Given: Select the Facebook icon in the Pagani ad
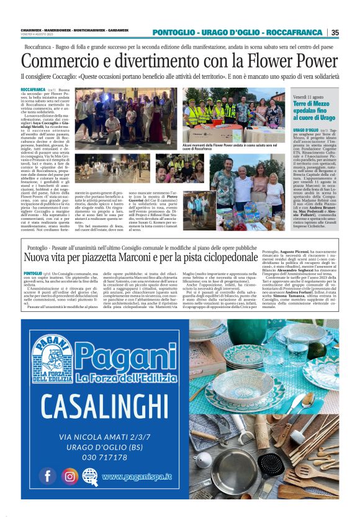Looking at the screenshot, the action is point(47,475).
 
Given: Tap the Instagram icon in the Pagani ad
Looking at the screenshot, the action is point(69,476).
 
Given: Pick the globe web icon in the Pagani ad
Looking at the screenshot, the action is point(91,476).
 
